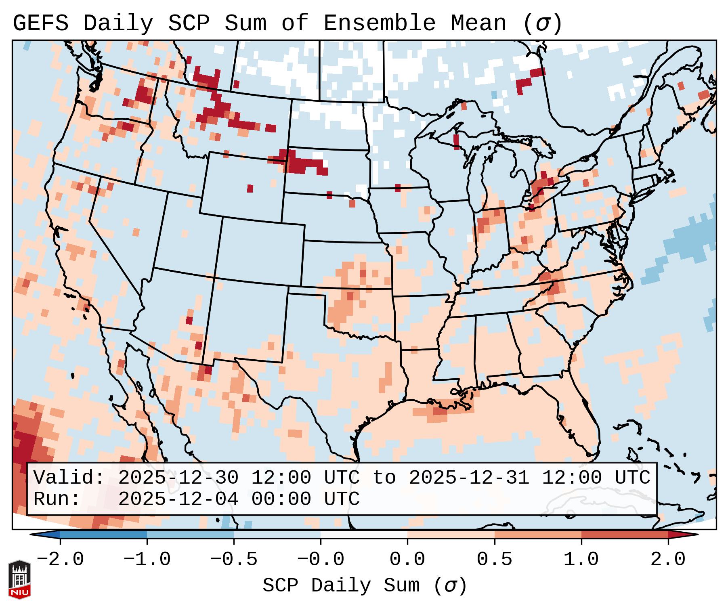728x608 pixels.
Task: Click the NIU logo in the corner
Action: [19, 579]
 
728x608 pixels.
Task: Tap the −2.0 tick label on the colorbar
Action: [60, 560]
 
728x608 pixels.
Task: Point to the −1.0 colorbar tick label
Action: [147, 560]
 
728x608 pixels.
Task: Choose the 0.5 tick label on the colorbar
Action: [494, 560]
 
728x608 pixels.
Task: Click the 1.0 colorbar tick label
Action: [581, 560]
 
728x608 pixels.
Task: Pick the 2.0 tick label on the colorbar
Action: [668, 560]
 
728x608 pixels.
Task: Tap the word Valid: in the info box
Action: [69, 478]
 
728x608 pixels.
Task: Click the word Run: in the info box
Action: [57, 499]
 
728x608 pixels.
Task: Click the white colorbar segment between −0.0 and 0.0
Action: [364, 535]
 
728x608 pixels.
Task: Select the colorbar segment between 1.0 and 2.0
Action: [625, 535]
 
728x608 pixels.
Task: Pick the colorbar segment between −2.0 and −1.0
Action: [103, 535]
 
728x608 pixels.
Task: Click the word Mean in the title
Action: [478, 23]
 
